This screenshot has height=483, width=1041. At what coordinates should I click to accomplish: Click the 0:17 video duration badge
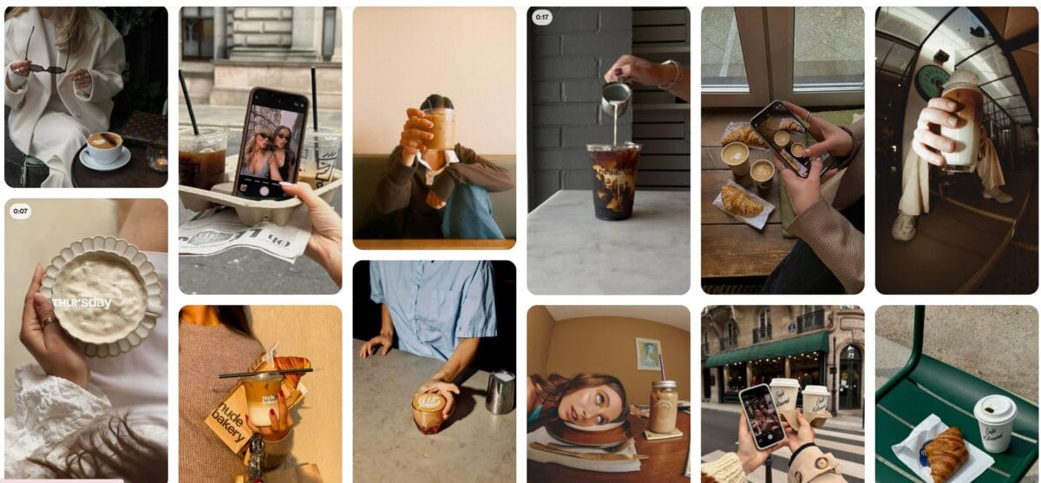click(x=542, y=17)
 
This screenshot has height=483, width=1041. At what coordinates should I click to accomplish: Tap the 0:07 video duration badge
click(x=20, y=211)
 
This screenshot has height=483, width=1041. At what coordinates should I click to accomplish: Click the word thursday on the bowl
click(x=82, y=303)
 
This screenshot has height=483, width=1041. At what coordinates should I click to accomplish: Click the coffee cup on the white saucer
click(x=104, y=147)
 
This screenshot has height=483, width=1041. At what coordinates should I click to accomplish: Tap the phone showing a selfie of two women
click(x=269, y=143)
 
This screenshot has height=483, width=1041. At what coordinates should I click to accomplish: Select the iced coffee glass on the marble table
click(x=614, y=179)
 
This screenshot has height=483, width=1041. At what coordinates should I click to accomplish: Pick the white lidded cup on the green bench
click(x=994, y=422)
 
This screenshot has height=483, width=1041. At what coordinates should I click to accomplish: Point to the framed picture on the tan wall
click(x=647, y=354)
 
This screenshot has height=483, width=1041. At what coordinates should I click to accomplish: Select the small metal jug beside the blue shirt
click(x=500, y=392)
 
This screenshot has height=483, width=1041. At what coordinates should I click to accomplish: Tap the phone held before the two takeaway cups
click(x=762, y=415)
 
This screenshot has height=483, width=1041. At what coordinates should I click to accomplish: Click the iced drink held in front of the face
click(x=439, y=128)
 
